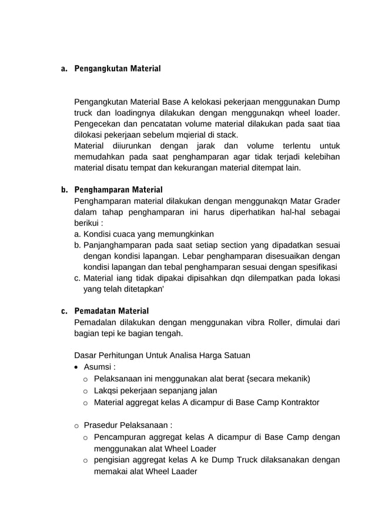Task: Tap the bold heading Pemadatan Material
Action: point(111,310)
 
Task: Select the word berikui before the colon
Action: point(86,224)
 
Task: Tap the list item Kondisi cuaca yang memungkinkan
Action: point(148,234)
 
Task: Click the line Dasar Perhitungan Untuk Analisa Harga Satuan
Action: point(162,355)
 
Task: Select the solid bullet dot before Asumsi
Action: point(78,367)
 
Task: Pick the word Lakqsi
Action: point(108,390)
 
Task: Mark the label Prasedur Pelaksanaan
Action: point(128,425)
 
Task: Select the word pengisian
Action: point(113,460)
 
